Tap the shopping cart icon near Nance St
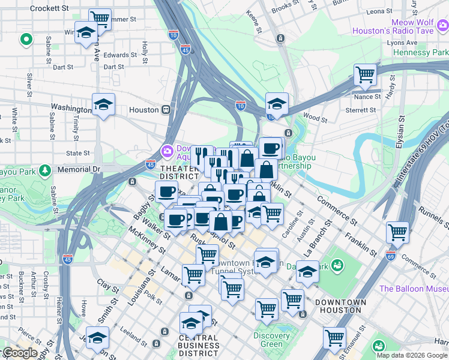[365, 75]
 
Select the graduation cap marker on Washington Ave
[104, 105]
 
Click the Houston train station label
[143, 110]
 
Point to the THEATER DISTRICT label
[179, 172]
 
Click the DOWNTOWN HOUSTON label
[340, 306]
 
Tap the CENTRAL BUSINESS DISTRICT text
[199, 345]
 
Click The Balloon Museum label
[414, 289]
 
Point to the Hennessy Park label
[421, 53]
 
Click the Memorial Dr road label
[79, 170]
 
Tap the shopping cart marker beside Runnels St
[397, 232]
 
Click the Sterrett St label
[361, 110]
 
